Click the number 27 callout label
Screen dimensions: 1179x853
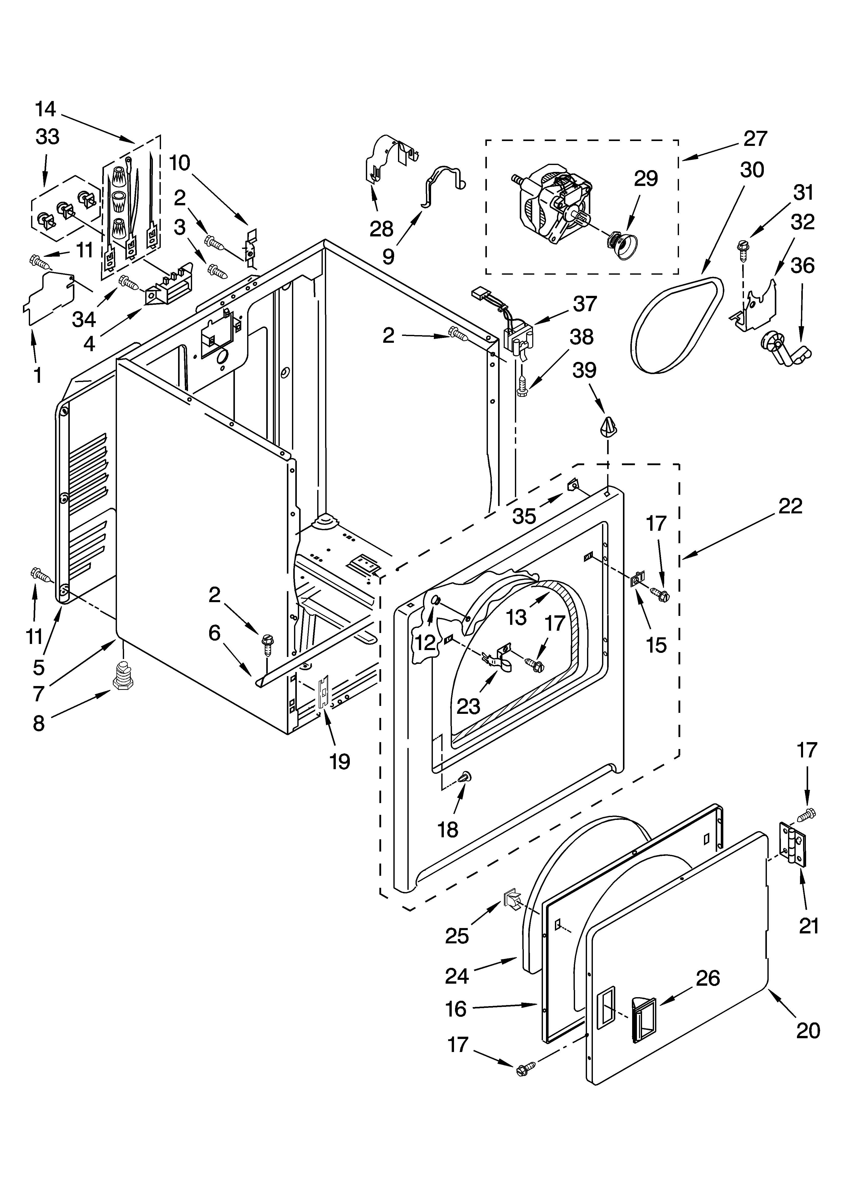pyautogui.click(x=755, y=139)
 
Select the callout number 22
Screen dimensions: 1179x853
pyautogui.click(x=790, y=505)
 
